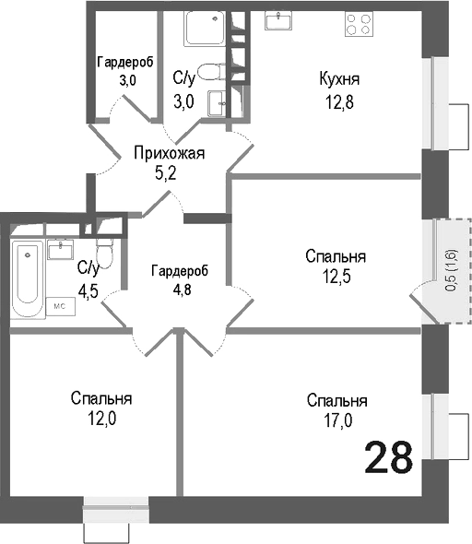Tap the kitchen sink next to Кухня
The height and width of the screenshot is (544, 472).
pos(278,19)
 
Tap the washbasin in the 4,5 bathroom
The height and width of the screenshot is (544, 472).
pos(62,249)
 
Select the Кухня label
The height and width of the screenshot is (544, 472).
pos(338,77)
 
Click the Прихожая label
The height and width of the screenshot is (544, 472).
pos(168,153)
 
